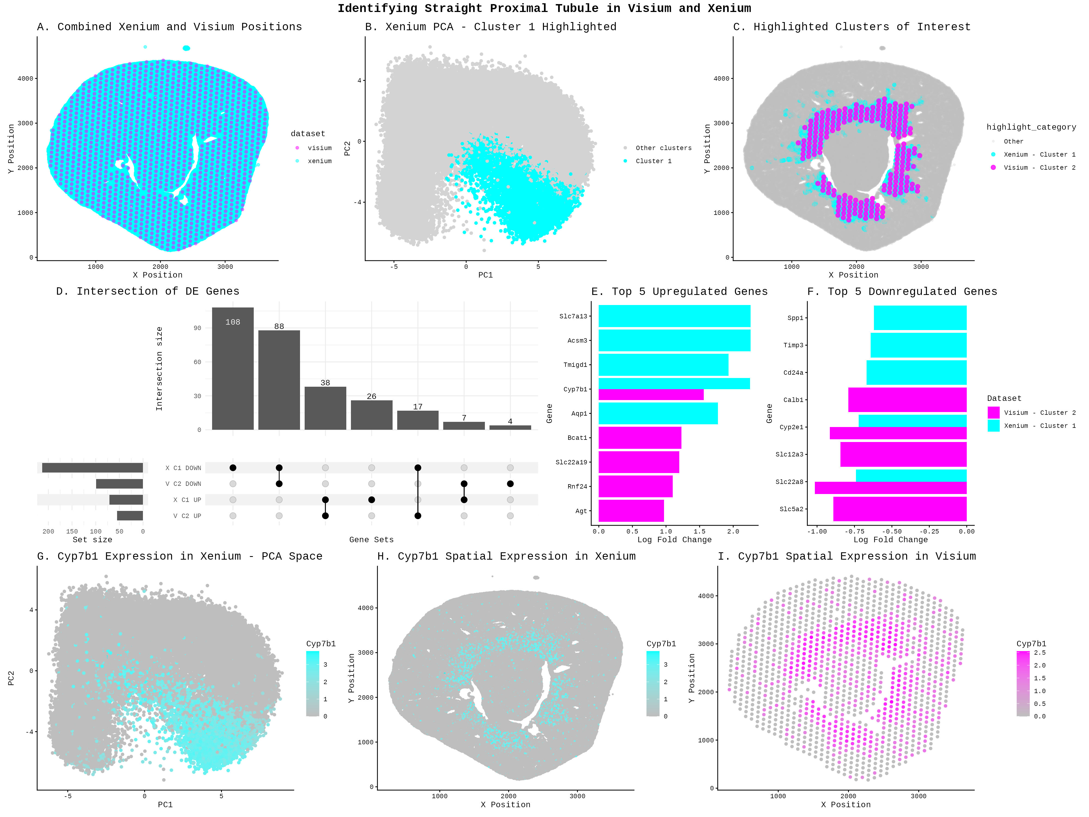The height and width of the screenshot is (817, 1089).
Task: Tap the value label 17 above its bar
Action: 417,407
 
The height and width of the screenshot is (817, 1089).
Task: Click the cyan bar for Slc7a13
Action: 674,316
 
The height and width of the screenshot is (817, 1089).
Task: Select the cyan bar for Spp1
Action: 920,318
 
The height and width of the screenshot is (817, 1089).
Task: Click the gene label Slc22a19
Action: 571,462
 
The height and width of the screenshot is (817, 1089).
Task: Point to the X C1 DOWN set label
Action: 183,468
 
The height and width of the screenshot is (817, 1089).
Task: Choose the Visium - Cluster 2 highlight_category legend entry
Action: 1039,167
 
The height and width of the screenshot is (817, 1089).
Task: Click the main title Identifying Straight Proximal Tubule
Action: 544,8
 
